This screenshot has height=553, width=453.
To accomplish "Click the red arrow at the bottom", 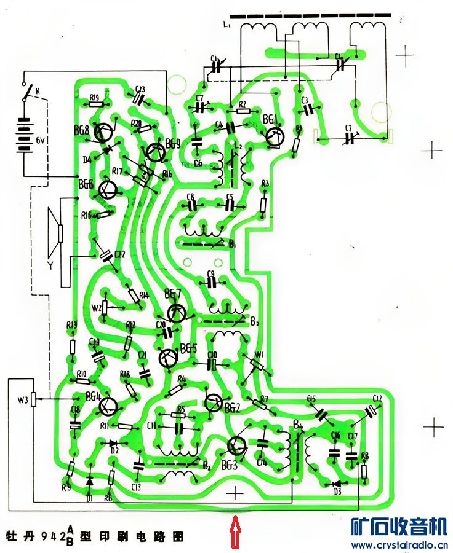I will click(x=235, y=532).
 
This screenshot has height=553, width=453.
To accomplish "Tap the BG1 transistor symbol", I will click(x=275, y=136).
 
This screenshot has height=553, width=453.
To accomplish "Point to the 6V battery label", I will click(x=41, y=140).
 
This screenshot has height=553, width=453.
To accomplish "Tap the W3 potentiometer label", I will click(x=23, y=401).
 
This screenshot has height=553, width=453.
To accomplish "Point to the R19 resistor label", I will click(x=95, y=97).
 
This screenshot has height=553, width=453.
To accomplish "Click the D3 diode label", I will click(x=337, y=492).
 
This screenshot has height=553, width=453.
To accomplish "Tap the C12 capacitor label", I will click(x=377, y=399).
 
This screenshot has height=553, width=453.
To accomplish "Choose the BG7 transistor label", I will click(x=172, y=292).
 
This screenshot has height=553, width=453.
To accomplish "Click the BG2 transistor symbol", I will click(x=214, y=402).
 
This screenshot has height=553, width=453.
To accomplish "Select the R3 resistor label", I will click(x=265, y=184).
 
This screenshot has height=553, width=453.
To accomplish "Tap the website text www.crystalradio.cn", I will click(x=399, y=545).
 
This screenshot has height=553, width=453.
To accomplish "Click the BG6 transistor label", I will click(x=86, y=184).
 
